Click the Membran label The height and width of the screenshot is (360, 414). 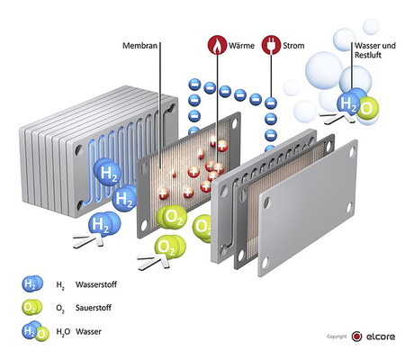(x=139, y=46)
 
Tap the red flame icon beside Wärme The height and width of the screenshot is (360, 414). (x=217, y=45)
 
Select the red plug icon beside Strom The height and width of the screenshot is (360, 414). (x=271, y=45)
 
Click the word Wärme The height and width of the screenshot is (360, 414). (x=241, y=46)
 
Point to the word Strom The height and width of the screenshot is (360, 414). (x=293, y=46)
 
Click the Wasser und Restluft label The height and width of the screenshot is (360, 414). (x=375, y=50)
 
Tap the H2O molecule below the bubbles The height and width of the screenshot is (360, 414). (x=358, y=105)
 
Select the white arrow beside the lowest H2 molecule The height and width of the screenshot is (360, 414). (x=88, y=240)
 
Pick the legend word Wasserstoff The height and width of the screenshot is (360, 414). (x=96, y=284)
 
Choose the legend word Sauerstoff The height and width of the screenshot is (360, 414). (x=94, y=308)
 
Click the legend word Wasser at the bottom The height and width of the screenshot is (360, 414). (x=88, y=331)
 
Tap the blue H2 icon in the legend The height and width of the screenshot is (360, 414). (x=32, y=283)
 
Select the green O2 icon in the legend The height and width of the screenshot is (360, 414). (x=32, y=308)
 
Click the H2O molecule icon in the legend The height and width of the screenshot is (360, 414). (x=35, y=331)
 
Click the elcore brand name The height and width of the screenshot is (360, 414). (x=381, y=337)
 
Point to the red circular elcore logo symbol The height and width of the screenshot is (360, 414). (x=356, y=337)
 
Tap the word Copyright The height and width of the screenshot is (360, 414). (x=337, y=337)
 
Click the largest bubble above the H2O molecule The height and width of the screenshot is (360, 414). (x=324, y=70)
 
